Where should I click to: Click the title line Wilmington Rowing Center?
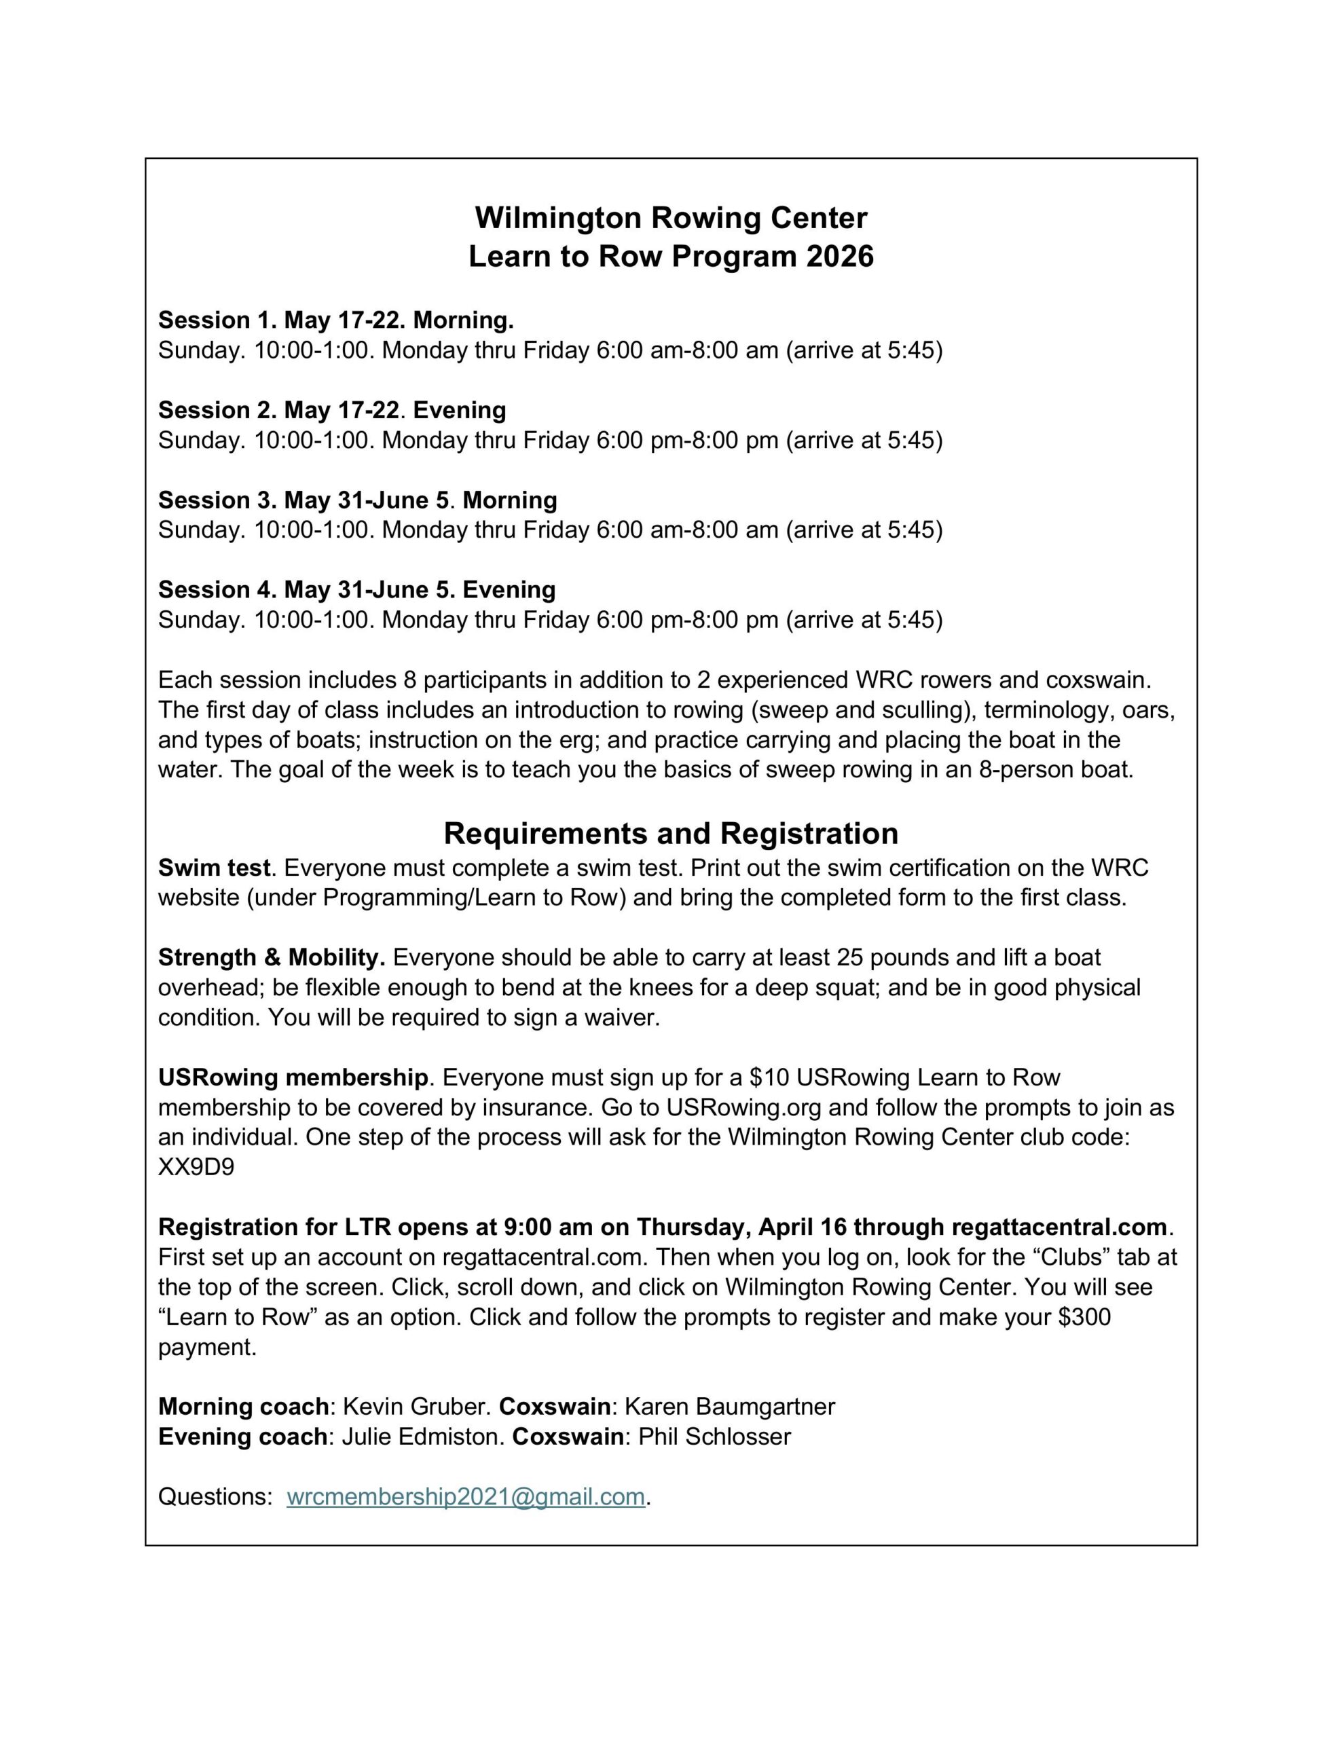(x=670, y=217)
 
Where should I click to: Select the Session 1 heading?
(x=335, y=320)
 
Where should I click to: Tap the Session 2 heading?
(x=331, y=410)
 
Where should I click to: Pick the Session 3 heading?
(x=357, y=500)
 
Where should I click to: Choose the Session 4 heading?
(x=356, y=590)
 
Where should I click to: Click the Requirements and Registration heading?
(x=670, y=833)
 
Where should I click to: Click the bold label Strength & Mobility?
(x=272, y=957)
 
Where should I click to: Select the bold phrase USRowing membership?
(x=293, y=1077)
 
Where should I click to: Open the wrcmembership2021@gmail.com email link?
(x=465, y=1497)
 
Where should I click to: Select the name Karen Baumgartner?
(x=729, y=1407)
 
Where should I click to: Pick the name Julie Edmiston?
(x=422, y=1437)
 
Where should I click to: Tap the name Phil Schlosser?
(x=714, y=1437)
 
